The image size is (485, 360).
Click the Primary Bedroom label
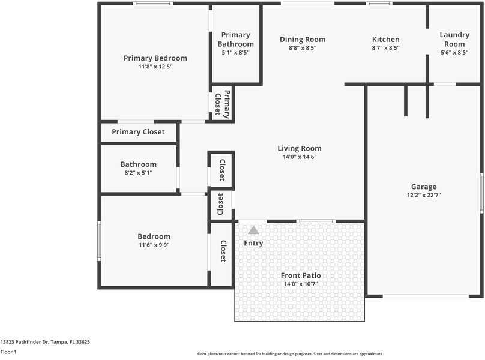[x=155, y=58]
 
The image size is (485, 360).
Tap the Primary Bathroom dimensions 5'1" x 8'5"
[x=235, y=53]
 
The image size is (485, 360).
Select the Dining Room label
[x=303, y=40]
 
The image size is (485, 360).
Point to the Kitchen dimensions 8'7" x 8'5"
[x=385, y=48]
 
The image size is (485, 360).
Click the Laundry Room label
[x=454, y=40]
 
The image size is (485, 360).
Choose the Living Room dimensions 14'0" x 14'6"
[x=299, y=157]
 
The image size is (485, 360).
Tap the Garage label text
[x=424, y=187]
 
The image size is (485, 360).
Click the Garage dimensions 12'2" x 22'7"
[x=424, y=196]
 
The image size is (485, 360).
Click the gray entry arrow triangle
[x=254, y=230]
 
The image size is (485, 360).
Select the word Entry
[x=253, y=243]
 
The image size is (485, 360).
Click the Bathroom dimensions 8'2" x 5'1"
[x=138, y=173]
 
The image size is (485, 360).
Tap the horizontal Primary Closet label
[x=138, y=132]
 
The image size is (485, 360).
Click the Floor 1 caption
[x=8, y=352]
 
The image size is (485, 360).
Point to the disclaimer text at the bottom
[x=291, y=354]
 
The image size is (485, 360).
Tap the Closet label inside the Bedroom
[x=223, y=251]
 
